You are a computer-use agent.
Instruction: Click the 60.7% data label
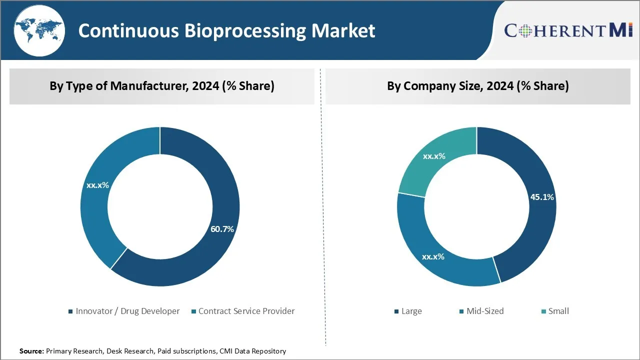point(222,229)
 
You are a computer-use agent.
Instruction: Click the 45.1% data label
point(542,197)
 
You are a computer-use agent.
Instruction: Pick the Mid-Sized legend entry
point(484,311)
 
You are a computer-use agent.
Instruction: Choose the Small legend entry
point(558,311)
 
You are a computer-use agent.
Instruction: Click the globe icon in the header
point(38,30)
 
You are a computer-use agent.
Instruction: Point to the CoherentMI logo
point(568,30)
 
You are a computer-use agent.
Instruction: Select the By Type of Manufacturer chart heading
point(162,86)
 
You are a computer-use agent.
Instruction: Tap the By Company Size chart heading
point(478,86)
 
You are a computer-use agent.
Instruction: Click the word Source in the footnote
point(31,351)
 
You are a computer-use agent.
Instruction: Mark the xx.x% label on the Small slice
point(434,156)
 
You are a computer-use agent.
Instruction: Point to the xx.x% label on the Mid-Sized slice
point(433,256)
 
